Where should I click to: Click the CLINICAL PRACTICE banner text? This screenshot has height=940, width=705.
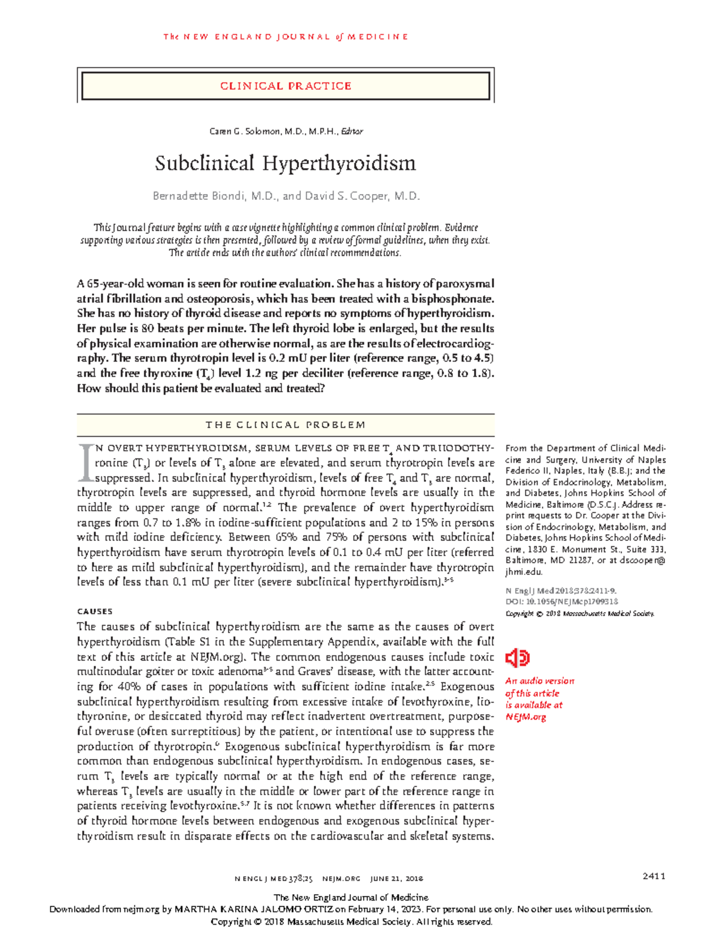tap(286, 86)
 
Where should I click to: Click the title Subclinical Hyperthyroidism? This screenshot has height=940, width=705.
tap(286, 163)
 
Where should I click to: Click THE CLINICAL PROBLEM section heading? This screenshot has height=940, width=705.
tap(286, 424)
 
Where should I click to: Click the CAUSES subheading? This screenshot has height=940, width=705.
tap(95, 611)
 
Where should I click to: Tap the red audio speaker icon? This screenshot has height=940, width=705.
tap(518, 658)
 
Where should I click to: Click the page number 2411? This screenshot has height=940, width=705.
tap(653, 876)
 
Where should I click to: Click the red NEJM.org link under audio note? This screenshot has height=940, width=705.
tap(526, 717)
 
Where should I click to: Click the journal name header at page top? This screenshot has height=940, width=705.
tap(286, 36)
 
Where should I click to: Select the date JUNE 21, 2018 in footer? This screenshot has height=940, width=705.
tap(396, 879)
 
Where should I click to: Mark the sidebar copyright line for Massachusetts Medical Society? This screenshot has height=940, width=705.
tap(579, 613)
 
